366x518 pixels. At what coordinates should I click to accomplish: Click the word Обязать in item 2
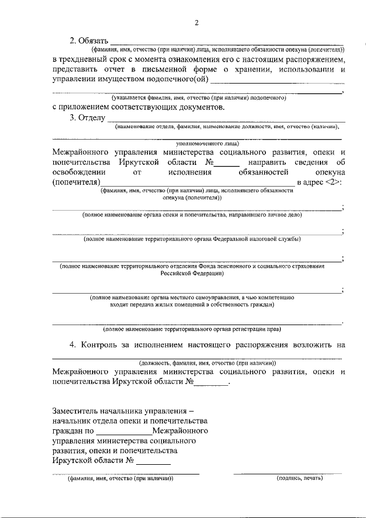[91, 41]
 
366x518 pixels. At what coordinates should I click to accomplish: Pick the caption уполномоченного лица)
[207, 145]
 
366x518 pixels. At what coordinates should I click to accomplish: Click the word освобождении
[78, 172]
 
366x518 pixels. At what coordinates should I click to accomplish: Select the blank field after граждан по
[124, 430]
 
